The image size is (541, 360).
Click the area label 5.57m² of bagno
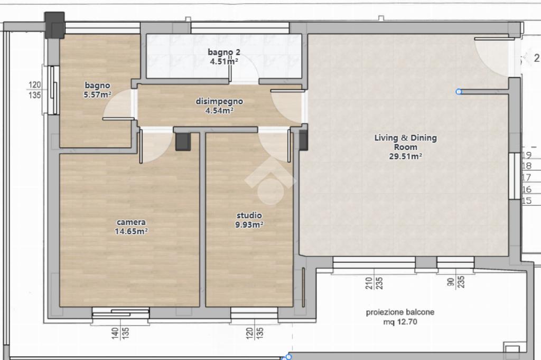pyautogui.click(x=97, y=94)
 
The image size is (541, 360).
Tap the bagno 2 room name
pyautogui.click(x=224, y=52)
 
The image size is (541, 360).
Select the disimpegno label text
pyautogui.click(x=219, y=101)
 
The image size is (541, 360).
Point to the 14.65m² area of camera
pyautogui.click(x=131, y=231)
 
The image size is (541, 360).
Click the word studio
pyautogui.click(x=249, y=215)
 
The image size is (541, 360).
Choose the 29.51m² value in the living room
pyautogui.click(x=405, y=156)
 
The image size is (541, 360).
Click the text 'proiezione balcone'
pyautogui.click(x=400, y=312)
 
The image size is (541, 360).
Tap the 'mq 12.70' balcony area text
pyautogui.click(x=400, y=321)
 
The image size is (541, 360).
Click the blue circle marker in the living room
pyautogui.click(x=459, y=92)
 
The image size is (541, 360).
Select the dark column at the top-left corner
pyautogui.click(x=54, y=25)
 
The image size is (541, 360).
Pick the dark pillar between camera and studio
pyautogui.click(x=183, y=141)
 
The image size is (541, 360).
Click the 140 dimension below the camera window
pyautogui.click(x=115, y=333)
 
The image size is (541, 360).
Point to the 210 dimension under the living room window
pyautogui.click(x=369, y=283)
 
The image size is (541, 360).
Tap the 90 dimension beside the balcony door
pyautogui.click(x=451, y=282)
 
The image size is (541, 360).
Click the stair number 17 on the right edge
pyautogui.click(x=527, y=177)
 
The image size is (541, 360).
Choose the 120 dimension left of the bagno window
pyautogui.click(x=34, y=84)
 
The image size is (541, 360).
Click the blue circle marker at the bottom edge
pyautogui.click(x=288, y=356)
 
